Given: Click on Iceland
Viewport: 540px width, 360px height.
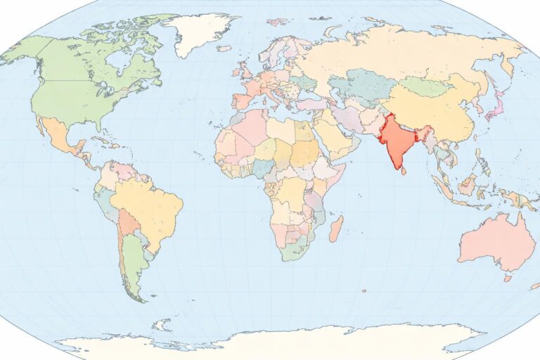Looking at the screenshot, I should [x=224, y=49].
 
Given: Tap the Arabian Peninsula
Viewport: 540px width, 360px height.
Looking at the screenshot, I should [x=330, y=137].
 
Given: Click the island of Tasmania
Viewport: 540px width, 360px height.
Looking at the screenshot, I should [x=507, y=278].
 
